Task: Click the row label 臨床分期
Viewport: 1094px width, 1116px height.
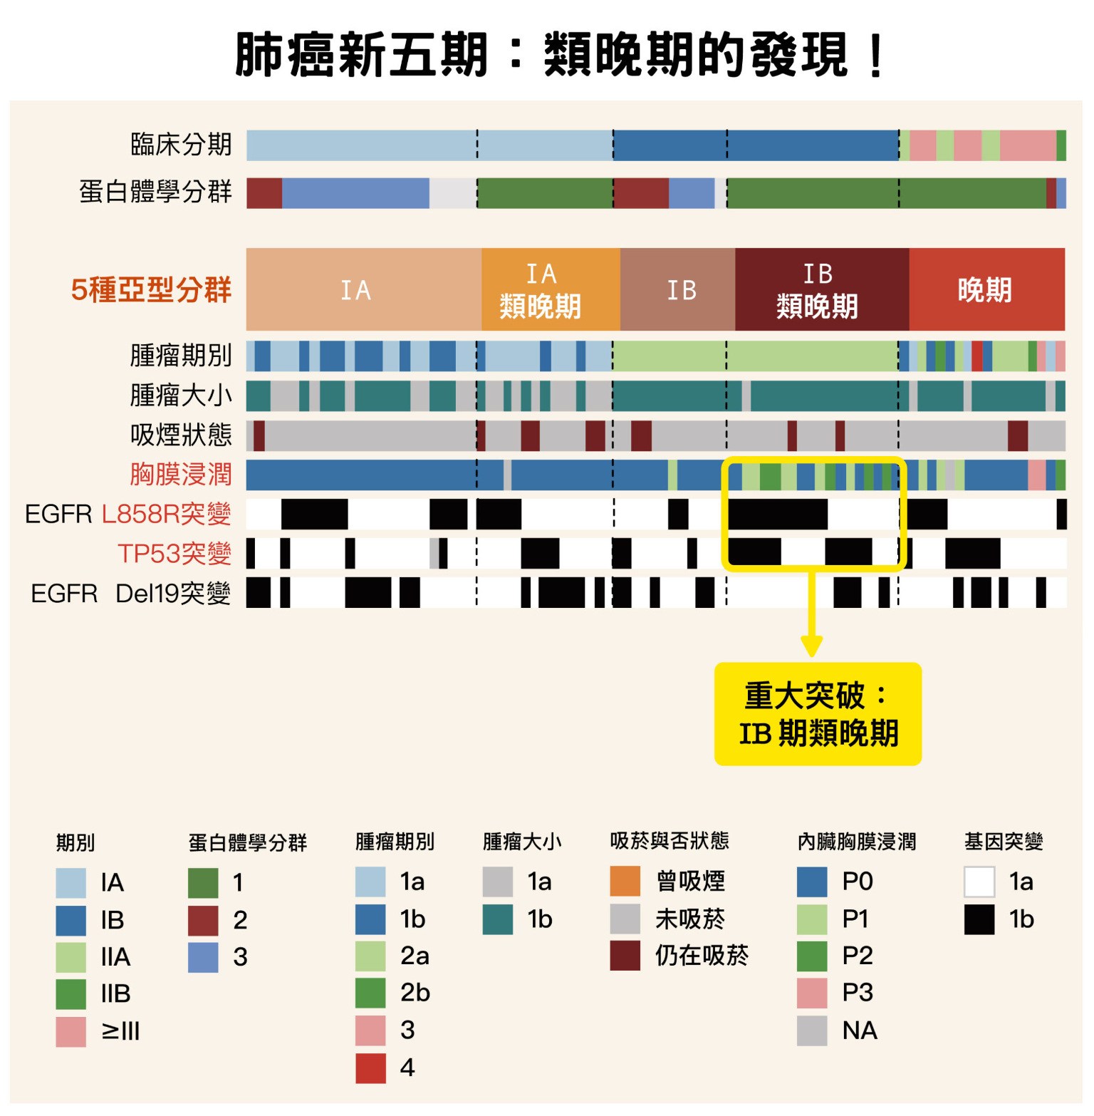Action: pos(181,145)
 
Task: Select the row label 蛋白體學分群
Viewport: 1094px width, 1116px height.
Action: pos(155,192)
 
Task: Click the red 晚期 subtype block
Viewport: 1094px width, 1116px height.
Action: pos(986,290)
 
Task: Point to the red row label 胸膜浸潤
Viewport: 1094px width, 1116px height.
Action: pos(181,475)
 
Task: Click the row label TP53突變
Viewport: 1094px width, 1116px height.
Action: pos(174,554)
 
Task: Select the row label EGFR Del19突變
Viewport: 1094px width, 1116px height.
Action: pos(131,593)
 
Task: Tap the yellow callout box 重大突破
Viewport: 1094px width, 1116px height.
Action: pos(818,714)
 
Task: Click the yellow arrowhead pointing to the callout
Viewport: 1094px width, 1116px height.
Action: pos(811,646)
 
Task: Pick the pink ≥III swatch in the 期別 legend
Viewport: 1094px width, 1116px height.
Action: pos(71,1031)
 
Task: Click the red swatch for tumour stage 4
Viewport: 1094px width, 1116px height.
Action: pos(370,1068)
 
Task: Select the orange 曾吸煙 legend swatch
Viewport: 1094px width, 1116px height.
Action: pos(625,882)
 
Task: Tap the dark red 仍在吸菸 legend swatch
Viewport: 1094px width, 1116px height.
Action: pos(625,956)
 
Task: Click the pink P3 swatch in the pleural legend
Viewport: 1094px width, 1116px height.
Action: pos(812,993)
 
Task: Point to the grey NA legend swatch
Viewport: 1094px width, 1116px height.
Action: pos(812,1030)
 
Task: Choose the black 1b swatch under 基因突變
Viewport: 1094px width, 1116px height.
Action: pos(979,919)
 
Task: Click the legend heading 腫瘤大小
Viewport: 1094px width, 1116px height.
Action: pos(522,842)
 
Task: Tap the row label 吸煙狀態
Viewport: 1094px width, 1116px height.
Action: pos(181,435)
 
